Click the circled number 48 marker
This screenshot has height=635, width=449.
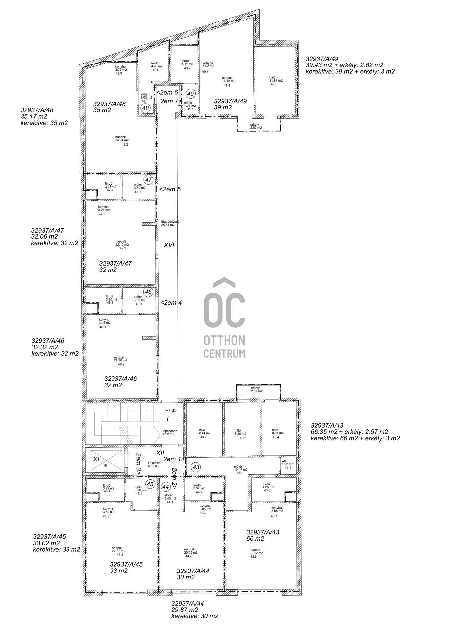[x=145, y=108]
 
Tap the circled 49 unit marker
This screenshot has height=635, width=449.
[x=190, y=94]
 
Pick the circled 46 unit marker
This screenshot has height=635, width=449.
[x=148, y=292]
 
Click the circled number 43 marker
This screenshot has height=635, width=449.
[x=196, y=467]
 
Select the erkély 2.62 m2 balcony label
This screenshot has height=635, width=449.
[x=256, y=126]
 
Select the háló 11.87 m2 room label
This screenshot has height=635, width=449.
[x=276, y=81]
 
